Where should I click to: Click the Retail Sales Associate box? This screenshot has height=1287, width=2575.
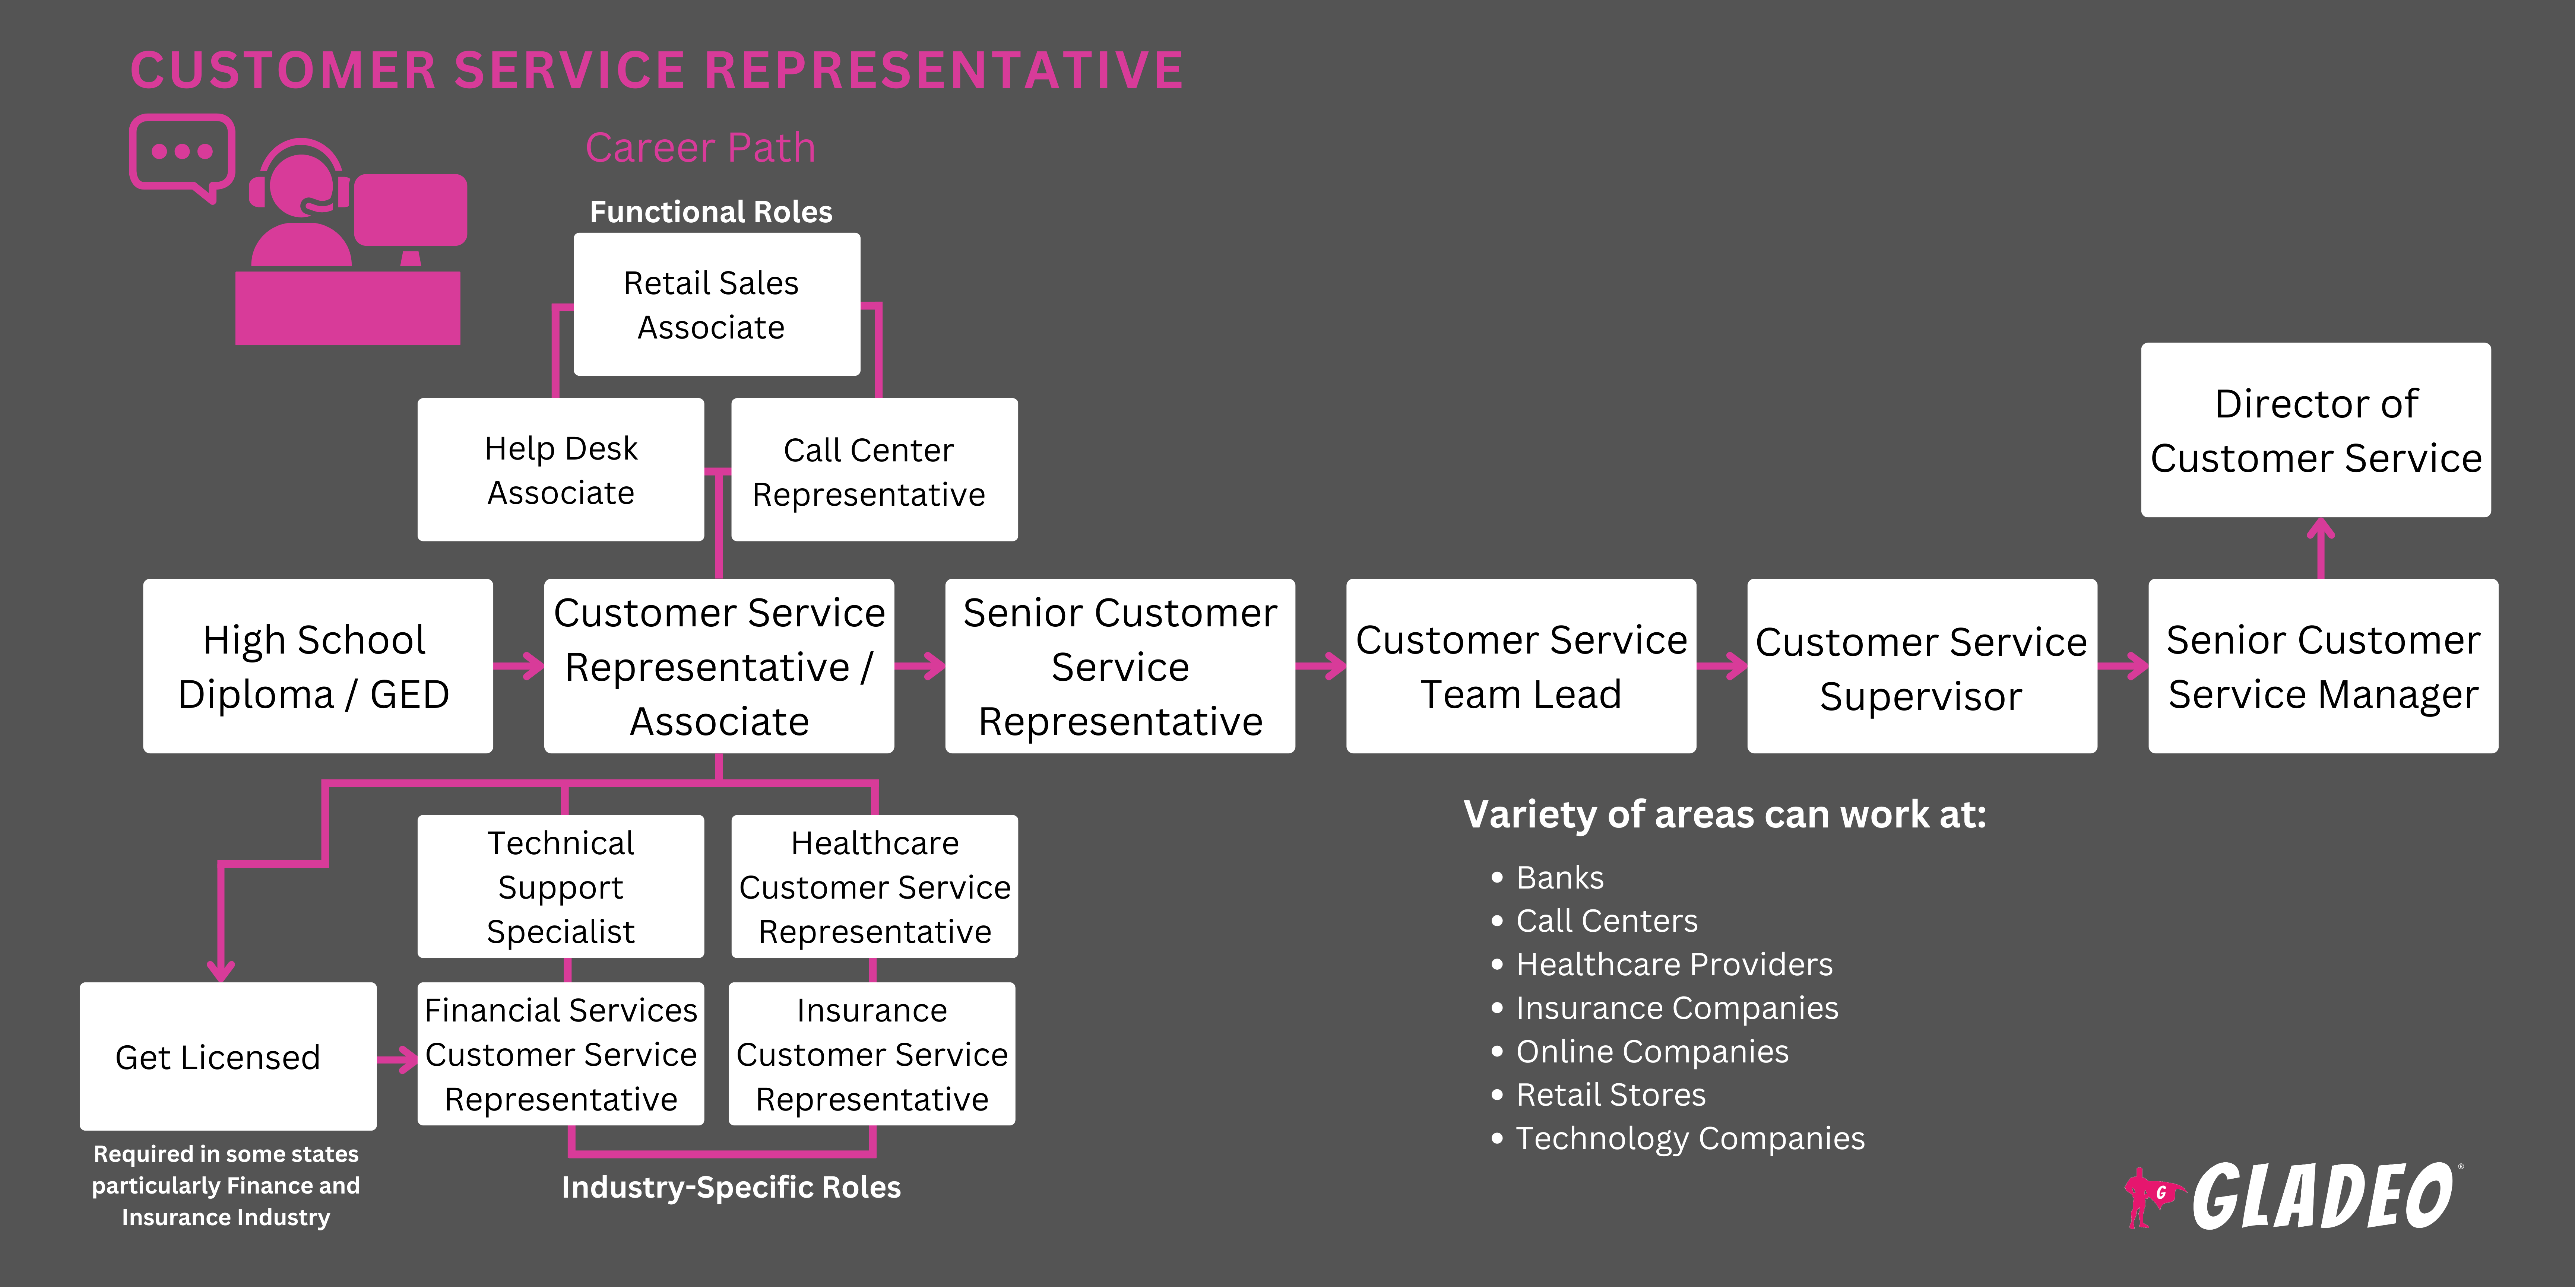[x=716, y=305]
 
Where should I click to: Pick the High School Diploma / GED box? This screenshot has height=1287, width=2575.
[x=317, y=667]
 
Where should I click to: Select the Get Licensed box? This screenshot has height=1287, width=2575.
[x=228, y=1056]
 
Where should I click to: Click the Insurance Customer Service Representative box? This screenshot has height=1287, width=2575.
[x=872, y=1054]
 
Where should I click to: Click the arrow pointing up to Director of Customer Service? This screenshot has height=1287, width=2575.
[x=2320, y=547]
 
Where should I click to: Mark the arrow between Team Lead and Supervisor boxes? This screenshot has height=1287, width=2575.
[x=1722, y=665]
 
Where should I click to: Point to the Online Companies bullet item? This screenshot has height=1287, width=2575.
[x=1651, y=1051]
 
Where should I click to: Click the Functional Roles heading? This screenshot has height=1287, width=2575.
[x=711, y=212]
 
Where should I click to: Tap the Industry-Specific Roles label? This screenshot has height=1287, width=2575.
[x=731, y=1187]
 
